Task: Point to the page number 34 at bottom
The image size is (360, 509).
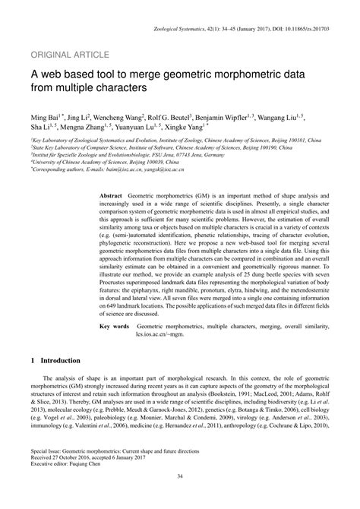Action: coord(180,498)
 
